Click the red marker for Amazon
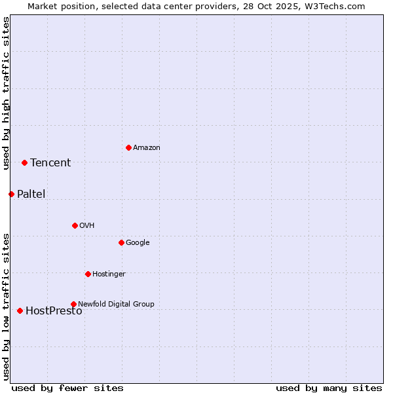pyautogui.click(x=128, y=147)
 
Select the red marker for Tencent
pyautogui.click(x=24, y=162)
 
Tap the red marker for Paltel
pyautogui.click(x=11, y=194)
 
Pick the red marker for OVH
pyautogui.click(x=75, y=225)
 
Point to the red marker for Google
pyautogui.click(x=121, y=242)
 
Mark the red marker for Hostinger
pyautogui.click(x=88, y=274)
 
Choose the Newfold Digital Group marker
pyautogui.click(x=73, y=304)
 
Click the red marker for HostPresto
pyautogui.click(x=20, y=310)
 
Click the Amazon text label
pyautogui.click(x=147, y=148)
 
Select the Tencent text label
pyautogui.click(x=50, y=163)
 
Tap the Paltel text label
pyautogui.click(x=31, y=195)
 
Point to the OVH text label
pyautogui.click(x=87, y=226)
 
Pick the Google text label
pyautogui.click(x=138, y=243)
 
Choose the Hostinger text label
pyautogui.click(x=109, y=274)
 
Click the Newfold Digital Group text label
pyautogui.click(x=116, y=304)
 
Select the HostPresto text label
pyautogui.click(x=54, y=311)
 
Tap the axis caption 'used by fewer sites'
pyautogui.click(x=67, y=388)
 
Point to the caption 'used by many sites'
pyautogui.click(x=329, y=388)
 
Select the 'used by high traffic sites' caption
pyautogui.click(x=7, y=94)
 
